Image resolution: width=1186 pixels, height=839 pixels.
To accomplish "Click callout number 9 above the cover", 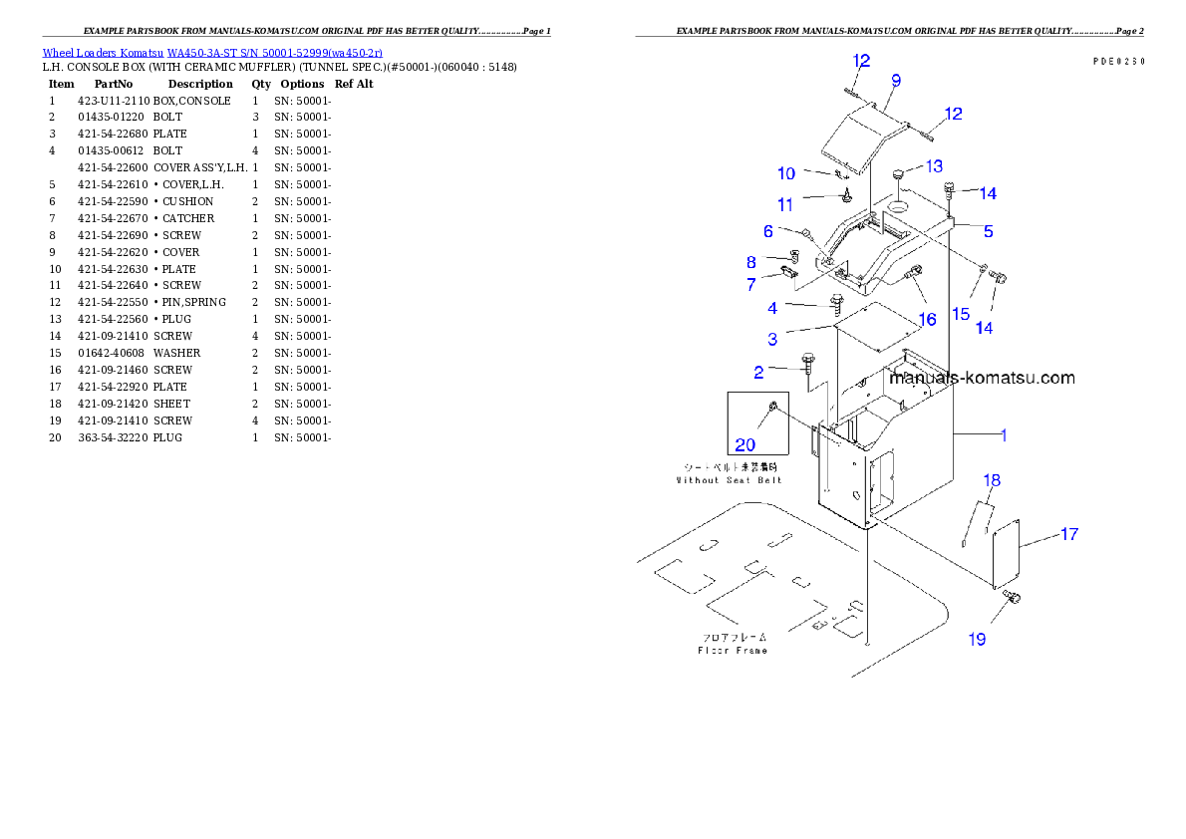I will [895, 80].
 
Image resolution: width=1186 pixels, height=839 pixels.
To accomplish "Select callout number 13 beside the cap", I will [934, 165].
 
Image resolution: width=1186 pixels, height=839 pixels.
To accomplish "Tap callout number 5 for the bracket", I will [988, 231].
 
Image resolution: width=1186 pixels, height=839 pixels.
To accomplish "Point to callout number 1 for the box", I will [1004, 434].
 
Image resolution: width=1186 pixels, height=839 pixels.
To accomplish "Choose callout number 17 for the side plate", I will [1068, 534].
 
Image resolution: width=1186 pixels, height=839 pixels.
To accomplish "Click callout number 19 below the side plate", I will [978, 639].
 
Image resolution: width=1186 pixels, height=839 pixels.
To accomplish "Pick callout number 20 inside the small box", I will [745, 444].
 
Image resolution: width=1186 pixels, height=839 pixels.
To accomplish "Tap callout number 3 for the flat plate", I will [772, 340].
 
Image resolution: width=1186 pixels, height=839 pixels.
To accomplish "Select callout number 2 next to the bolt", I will [759, 373].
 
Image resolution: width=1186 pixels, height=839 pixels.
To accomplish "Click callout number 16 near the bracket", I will [927, 319].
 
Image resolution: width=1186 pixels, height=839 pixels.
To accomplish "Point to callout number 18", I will [991, 480].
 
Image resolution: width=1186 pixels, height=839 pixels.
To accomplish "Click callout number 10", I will [786, 173].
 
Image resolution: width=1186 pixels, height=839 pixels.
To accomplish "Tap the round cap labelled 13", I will [899, 176].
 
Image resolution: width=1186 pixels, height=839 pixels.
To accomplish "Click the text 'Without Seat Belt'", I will [729, 480].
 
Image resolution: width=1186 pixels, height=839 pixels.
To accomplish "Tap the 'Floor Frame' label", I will [732, 651].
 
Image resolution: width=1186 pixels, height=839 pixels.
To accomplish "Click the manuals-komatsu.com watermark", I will [982, 378].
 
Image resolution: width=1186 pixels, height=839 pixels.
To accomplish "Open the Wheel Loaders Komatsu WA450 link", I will [211, 53].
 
